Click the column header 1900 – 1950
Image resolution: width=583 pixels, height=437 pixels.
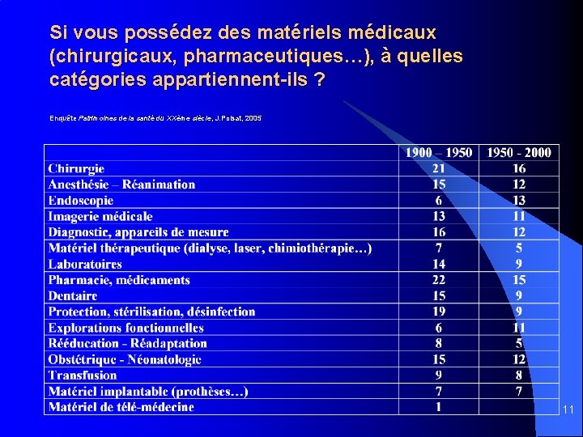tap(438, 152)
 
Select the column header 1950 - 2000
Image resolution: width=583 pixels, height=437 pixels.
tap(518, 152)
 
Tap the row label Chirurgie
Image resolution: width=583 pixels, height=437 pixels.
tap(76, 168)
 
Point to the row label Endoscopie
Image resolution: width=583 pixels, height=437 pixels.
tap(80, 200)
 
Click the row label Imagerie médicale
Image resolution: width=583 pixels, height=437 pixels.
tap(100, 216)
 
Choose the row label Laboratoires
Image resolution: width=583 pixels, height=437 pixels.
tap(85, 264)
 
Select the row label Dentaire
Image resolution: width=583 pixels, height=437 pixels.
tap(72, 295)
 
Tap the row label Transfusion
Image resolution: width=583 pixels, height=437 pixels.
tap(82, 375)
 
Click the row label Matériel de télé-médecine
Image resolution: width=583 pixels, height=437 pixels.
tap(121, 406)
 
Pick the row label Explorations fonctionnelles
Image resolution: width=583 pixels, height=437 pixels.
tap(126, 328)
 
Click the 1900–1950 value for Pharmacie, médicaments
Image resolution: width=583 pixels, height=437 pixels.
tap(438, 280)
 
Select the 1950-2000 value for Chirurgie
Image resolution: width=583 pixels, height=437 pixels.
tap(518, 168)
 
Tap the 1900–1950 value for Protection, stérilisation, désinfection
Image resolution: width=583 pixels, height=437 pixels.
tap(438, 312)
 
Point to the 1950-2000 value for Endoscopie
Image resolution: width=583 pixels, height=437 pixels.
tap(518, 200)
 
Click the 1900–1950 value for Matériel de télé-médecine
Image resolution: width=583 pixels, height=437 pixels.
tap(438, 406)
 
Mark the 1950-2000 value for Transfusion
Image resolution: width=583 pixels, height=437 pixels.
tap(518, 375)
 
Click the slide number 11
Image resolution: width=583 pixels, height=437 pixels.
tap(568, 410)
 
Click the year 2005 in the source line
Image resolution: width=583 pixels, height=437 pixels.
tap(253, 118)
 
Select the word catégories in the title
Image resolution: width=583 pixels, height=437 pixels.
tap(98, 81)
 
